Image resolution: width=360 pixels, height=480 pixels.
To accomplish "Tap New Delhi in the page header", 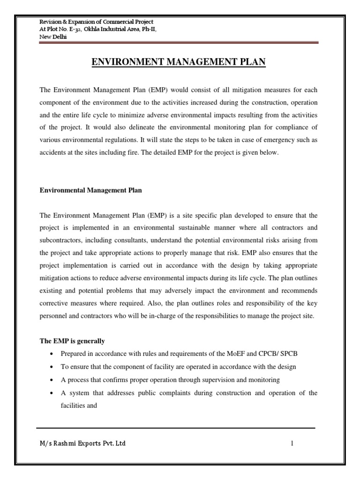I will (52, 37).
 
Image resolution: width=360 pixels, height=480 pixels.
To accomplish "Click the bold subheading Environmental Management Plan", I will (90, 190).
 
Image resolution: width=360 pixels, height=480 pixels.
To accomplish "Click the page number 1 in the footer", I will (292, 443).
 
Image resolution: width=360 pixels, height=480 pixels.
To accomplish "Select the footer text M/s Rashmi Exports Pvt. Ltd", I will (82, 443).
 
